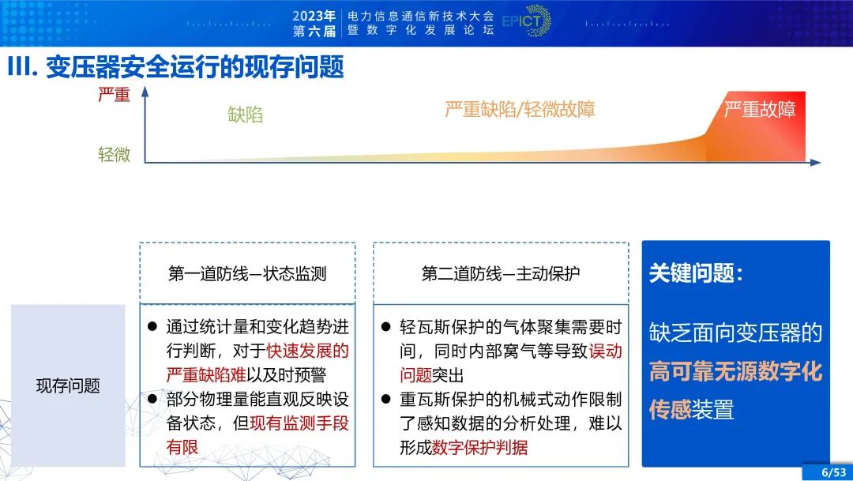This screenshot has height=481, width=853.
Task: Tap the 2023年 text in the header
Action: coord(314,15)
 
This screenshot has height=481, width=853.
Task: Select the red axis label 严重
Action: coord(114,95)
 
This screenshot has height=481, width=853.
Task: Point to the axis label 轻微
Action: coord(114,154)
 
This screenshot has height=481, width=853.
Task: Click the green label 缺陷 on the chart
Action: coord(245,115)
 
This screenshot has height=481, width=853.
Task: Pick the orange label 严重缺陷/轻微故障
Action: coord(520,109)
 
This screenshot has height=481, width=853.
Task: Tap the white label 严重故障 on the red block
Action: coord(760,110)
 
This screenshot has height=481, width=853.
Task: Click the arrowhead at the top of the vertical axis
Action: coord(145,91)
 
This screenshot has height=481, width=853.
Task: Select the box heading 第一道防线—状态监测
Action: coord(247,273)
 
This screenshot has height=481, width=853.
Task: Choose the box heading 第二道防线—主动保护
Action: coord(501,273)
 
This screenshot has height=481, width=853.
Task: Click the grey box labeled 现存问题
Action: coord(68,385)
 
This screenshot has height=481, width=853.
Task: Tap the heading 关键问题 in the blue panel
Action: coord(695,272)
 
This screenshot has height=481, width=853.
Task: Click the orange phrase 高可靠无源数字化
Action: coord(735,371)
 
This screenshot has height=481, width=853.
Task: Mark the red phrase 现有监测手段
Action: coord(299,423)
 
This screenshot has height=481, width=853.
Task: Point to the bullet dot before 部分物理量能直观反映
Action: coord(152,400)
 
